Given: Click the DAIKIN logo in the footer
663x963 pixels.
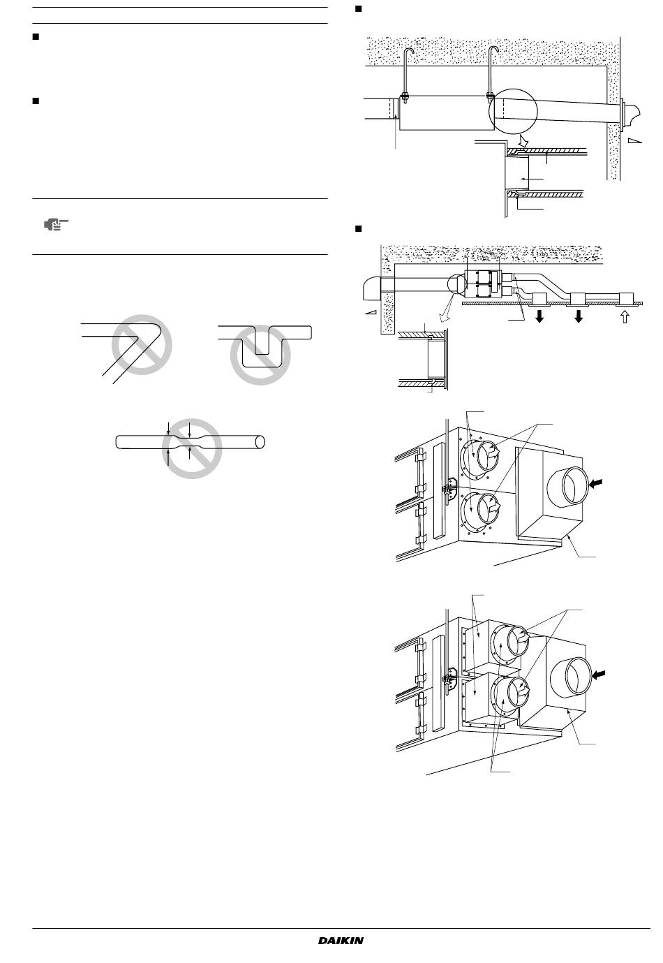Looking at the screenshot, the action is (x=341, y=941).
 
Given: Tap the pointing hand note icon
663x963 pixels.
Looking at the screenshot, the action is (x=56, y=224).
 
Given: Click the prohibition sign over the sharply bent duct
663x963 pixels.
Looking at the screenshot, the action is (x=142, y=344).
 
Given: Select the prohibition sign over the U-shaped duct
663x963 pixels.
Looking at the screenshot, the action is (x=260, y=355).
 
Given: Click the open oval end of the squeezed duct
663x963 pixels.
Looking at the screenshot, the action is (x=260, y=442).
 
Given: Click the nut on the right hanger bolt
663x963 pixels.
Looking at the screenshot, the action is (x=489, y=95).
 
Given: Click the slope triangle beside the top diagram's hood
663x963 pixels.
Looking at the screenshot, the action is (x=634, y=140).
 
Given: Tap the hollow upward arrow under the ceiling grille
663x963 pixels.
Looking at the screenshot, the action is (x=625, y=317).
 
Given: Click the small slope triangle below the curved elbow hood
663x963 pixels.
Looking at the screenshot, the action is (x=371, y=313).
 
